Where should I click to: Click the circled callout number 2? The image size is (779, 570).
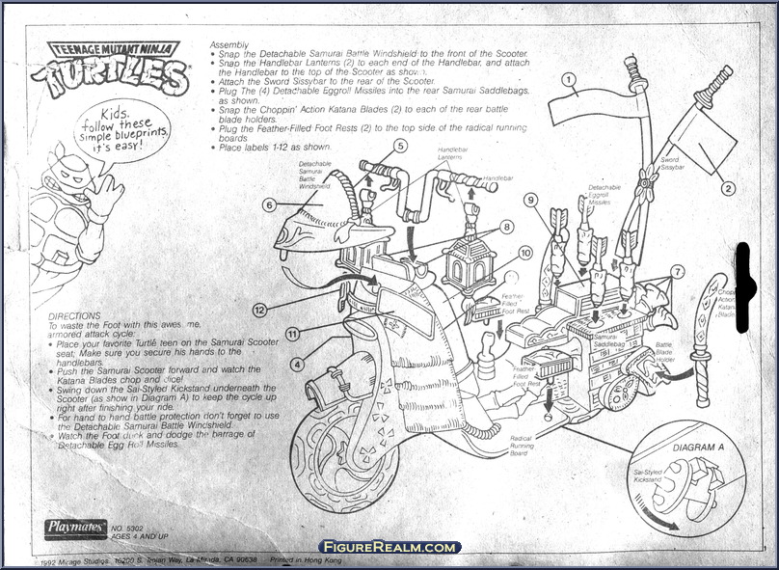click(x=728, y=189)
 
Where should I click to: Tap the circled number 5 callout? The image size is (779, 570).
click(x=400, y=146)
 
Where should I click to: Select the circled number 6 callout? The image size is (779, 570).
click(x=270, y=204)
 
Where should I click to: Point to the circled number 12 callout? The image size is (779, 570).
click(x=259, y=310)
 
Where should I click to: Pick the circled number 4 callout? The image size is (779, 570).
click(x=298, y=365)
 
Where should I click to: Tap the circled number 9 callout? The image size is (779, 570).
click(x=529, y=200)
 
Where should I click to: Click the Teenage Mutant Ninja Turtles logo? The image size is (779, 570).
click(x=107, y=68)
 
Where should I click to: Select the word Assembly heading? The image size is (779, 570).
click(x=228, y=44)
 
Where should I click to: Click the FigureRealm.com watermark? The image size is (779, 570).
click(x=389, y=547)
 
